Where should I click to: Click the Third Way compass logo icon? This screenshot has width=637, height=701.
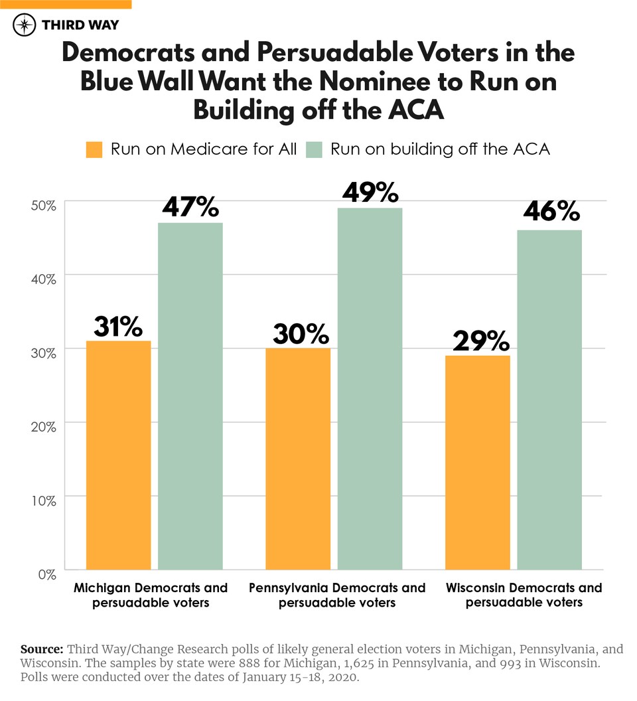[x=25, y=26]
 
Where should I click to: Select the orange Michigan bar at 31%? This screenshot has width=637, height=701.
[x=119, y=455]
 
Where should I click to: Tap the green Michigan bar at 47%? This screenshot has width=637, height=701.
[x=190, y=396]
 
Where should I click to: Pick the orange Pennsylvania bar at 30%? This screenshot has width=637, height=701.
[x=298, y=459]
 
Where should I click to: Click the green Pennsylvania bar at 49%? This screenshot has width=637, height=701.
[x=370, y=388]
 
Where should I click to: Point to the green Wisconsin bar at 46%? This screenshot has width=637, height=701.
[x=549, y=400]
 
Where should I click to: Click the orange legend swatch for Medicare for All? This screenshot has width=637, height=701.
[x=94, y=149]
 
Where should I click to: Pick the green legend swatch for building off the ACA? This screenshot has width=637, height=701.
[x=315, y=149]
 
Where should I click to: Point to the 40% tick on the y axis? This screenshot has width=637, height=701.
[x=43, y=278]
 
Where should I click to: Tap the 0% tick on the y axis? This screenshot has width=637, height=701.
[x=46, y=573]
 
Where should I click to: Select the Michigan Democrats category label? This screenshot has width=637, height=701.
[x=151, y=595]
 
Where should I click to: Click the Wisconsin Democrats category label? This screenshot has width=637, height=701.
[x=524, y=595]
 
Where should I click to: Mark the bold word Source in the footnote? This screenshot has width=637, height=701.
[x=42, y=649]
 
